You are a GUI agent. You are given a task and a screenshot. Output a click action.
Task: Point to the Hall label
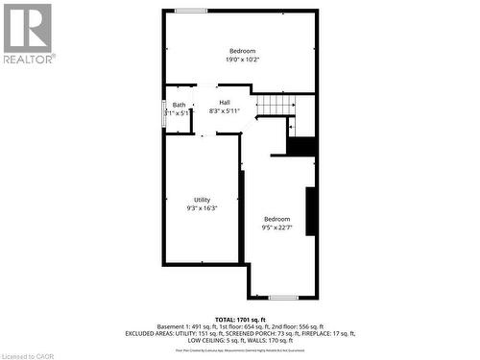click(x=225, y=103)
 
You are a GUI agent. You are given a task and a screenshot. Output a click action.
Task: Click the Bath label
click(x=180, y=105)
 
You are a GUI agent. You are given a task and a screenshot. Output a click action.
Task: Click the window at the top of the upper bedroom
click(x=190, y=11)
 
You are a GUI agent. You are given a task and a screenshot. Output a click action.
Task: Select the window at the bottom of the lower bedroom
click(x=282, y=297)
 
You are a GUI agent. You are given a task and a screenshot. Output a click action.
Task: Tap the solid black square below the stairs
click(x=301, y=147)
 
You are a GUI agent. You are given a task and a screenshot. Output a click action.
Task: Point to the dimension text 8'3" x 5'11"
click(x=225, y=111)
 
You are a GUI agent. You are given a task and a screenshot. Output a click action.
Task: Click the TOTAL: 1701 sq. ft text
click(x=240, y=319)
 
